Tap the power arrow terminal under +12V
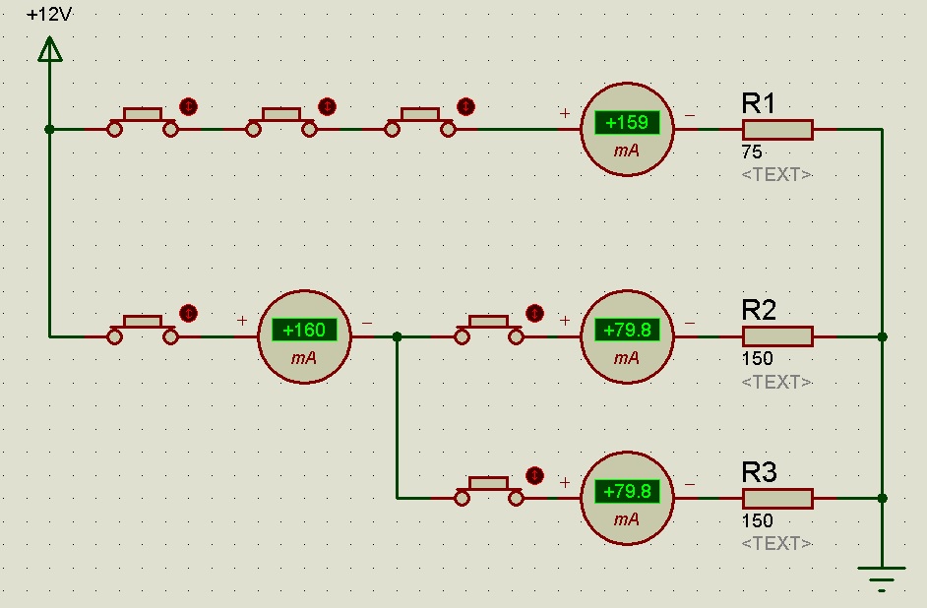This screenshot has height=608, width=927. click(48, 49)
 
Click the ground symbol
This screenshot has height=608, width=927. click(882, 575)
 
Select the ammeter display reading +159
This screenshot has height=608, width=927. click(627, 123)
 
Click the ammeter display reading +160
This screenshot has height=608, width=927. click(304, 331)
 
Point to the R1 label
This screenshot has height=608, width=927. click(759, 103)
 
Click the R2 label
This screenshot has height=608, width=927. click(759, 311)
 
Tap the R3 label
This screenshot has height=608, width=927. click(759, 472)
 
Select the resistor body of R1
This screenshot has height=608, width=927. click(777, 129)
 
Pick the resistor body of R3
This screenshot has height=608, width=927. click(777, 498)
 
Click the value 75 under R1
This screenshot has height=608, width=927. click(752, 153)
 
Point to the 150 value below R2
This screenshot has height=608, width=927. click(757, 360)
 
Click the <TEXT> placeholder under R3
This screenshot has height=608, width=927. click(776, 543)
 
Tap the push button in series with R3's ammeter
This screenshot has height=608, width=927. click(489, 488)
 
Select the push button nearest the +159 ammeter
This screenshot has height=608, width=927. click(420, 119)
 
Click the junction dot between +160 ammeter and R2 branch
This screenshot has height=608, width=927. click(397, 336)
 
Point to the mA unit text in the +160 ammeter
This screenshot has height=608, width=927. click(304, 358)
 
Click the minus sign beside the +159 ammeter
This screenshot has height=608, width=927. click(689, 115)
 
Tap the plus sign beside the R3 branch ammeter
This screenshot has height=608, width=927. click(565, 483)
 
